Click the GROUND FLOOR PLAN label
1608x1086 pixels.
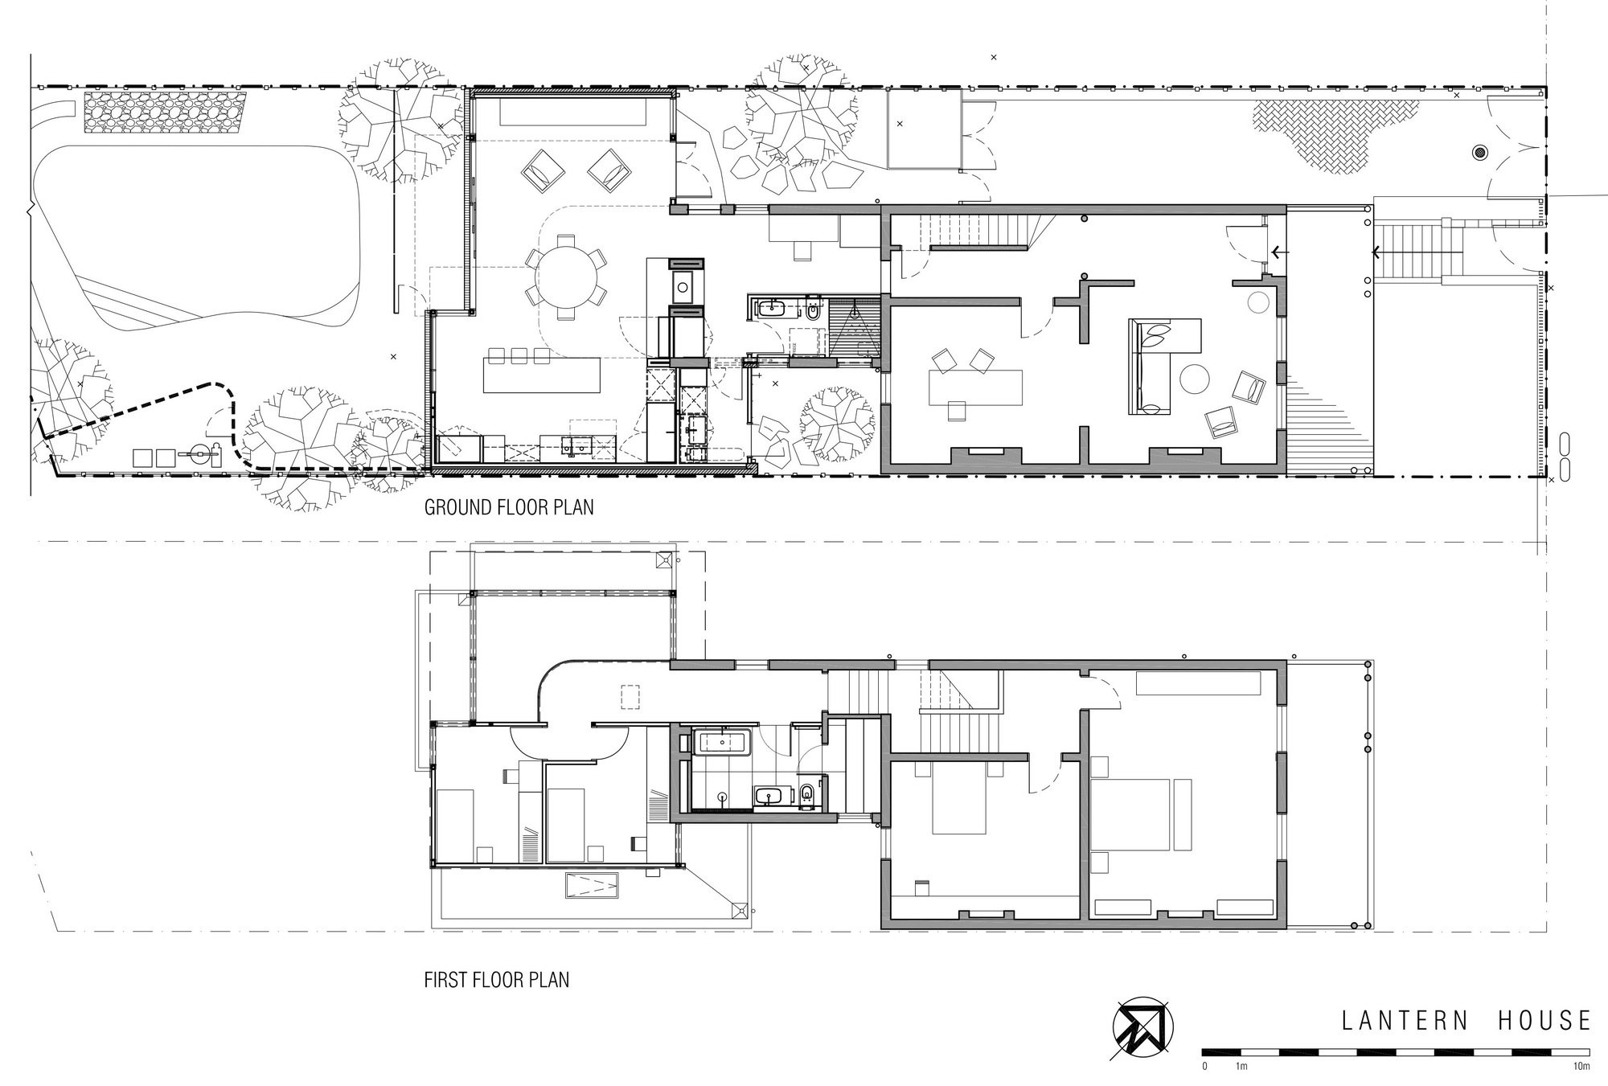[508, 507]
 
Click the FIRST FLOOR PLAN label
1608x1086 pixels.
[496, 980]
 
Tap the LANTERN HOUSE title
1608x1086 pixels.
[1466, 1021]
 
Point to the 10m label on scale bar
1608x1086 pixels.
[1580, 1067]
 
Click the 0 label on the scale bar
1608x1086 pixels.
[1204, 1067]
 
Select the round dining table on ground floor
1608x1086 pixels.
[568, 277]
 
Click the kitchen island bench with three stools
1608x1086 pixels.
[541, 375]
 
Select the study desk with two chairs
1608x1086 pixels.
[974, 387]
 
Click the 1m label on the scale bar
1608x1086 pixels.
[1241, 1067]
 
